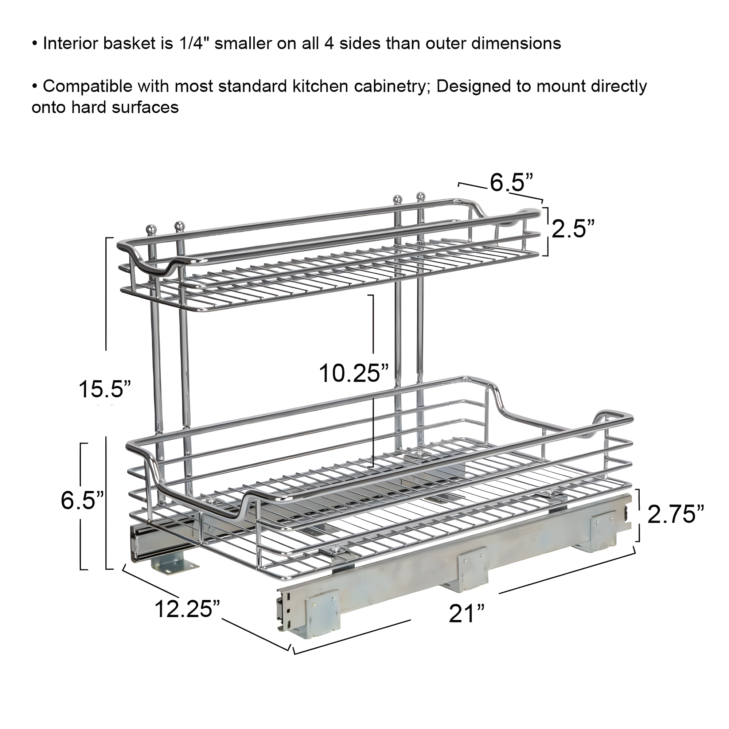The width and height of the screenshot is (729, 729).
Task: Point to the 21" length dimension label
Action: click(x=467, y=613)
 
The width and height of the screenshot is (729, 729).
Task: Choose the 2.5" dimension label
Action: click(x=573, y=229)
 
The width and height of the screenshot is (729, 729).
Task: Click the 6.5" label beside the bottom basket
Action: click(x=82, y=500)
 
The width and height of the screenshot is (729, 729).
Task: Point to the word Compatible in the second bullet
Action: click(x=87, y=86)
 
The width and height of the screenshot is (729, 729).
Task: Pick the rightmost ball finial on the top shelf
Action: click(x=420, y=196)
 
